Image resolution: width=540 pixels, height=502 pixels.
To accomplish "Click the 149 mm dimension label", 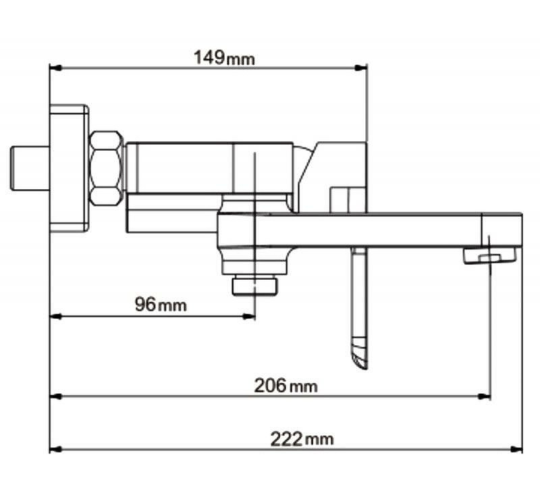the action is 224,58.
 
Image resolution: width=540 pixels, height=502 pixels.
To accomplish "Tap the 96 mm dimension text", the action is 161,305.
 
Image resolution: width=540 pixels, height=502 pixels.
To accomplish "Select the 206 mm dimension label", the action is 286,386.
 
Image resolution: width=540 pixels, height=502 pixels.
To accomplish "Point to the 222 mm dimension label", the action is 302,439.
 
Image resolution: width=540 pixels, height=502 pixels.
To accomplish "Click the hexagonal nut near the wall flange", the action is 107,168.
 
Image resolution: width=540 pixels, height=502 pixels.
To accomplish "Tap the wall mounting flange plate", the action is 70,168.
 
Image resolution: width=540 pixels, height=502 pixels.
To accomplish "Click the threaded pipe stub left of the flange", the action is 30,168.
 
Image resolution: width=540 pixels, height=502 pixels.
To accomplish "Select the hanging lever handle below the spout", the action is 360,309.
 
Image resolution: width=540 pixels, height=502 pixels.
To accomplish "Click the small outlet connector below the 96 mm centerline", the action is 255,285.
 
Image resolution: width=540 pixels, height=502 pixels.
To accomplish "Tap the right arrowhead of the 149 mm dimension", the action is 361,68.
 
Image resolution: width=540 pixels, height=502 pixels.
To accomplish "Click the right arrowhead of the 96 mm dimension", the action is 249,316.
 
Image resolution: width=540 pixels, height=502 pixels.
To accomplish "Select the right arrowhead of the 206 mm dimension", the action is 484,397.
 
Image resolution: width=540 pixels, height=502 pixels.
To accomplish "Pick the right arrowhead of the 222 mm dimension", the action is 516,449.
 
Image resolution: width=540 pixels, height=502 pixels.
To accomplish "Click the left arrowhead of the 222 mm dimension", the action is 56,449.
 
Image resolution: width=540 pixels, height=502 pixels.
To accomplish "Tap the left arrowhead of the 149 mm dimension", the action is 56,68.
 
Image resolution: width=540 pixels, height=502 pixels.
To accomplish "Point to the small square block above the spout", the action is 348,200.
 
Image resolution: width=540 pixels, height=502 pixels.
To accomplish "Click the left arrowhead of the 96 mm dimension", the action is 56,316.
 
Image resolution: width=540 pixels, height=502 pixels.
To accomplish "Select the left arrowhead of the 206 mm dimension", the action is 56,397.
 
